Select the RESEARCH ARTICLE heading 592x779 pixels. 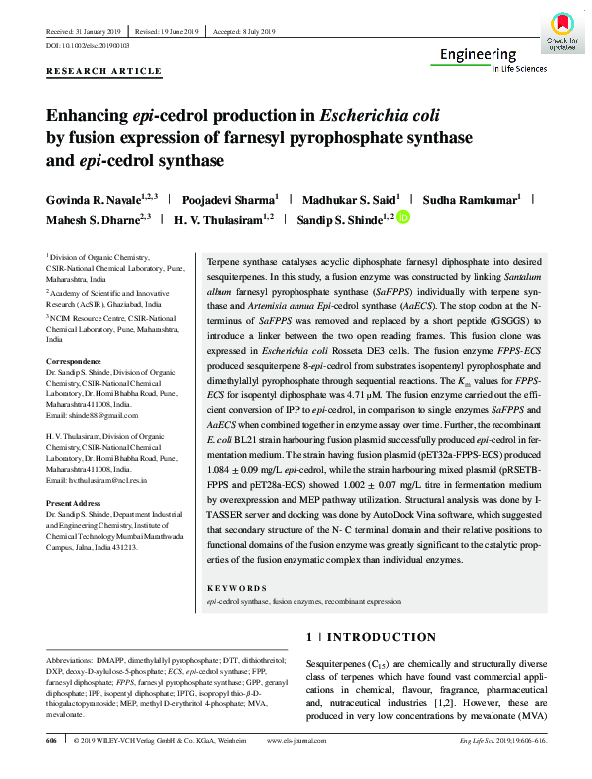pos(104,72)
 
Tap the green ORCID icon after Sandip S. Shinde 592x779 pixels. pos(403,218)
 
